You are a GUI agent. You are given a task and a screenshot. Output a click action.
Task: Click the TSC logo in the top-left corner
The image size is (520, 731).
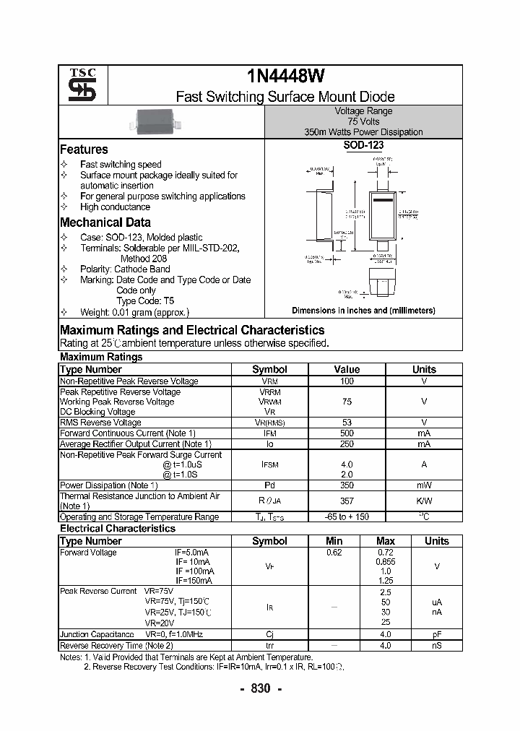click(x=77, y=85)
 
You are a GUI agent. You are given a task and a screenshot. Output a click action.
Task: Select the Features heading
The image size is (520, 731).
click(x=84, y=150)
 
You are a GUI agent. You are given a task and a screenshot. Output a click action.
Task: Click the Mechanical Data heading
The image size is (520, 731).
click(x=105, y=222)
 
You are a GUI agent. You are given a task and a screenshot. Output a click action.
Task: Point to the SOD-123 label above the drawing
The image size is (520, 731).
click(x=363, y=145)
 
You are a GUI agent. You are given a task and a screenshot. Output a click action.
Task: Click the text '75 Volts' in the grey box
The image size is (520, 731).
click(x=363, y=122)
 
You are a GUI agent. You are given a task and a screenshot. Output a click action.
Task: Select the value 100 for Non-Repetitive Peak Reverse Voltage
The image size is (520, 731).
click(x=347, y=381)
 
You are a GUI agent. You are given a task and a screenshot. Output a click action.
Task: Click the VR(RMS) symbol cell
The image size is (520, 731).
click(x=269, y=423)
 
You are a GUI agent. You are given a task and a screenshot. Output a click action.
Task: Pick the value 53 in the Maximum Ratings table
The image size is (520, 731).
click(x=347, y=423)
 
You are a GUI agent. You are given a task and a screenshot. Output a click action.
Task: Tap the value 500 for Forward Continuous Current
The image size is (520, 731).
click(x=347, y=433)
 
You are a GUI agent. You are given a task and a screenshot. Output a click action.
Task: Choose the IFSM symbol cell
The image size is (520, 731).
click(x=269, y=464)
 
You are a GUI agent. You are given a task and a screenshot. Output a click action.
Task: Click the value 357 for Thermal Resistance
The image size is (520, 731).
click(x=347, y=501)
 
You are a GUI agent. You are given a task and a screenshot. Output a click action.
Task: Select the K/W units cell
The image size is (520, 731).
click(x=424, y=501)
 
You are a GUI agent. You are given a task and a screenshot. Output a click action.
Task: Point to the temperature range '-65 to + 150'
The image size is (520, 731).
click(x=347, y=517)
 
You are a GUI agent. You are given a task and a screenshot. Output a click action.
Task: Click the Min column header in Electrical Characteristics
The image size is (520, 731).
click(x=334, y=541)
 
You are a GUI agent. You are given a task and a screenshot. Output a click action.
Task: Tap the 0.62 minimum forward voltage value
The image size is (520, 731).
click(x=334, y=553)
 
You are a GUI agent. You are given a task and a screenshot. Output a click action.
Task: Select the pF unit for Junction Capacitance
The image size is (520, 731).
click(x=436, y=635)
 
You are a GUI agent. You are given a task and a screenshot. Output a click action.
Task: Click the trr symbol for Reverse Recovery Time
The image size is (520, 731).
click(x=269, y=646)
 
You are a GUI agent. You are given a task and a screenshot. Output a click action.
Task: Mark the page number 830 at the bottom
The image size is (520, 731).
click(x=260, y=688)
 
